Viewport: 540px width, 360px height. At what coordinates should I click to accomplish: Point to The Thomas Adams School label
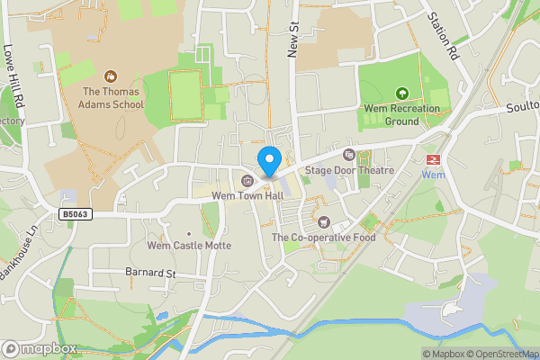(x=112, y=97)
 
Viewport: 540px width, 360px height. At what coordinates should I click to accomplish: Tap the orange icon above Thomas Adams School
(x=111, y=77)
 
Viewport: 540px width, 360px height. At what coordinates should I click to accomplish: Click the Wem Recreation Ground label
(x=401, y=114)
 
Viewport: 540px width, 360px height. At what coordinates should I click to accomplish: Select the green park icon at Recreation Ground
(x=401, y=93)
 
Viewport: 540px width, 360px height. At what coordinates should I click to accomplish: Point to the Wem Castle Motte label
(x=189, y=245)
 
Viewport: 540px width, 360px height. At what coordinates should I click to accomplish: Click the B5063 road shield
(x=76, y=214)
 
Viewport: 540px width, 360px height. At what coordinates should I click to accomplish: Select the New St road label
(x=292, y=40)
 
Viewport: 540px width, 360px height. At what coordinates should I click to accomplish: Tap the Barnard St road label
(x=149, y=272)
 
